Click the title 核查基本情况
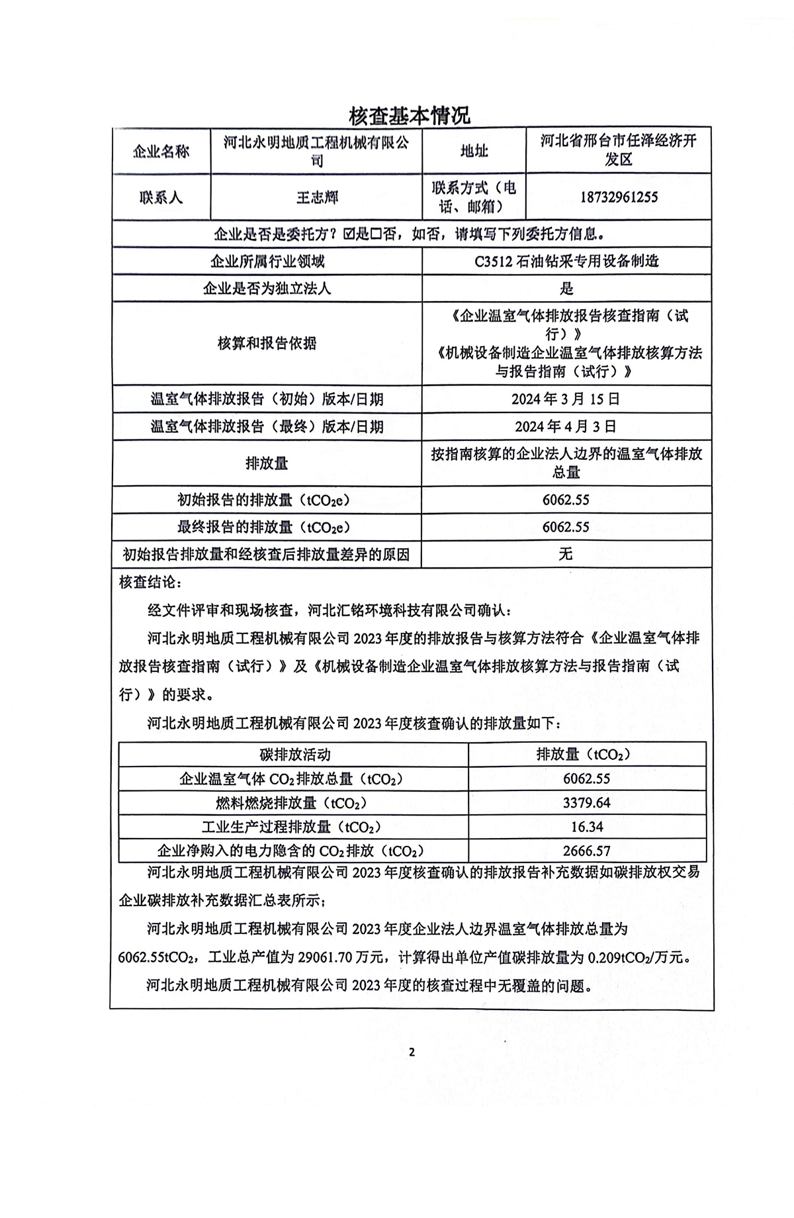tap(410, 115)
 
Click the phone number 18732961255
tap(619, 197)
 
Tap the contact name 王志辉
tap(317, 197)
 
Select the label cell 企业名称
tap(161, 152)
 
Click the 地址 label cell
tap(474, 152)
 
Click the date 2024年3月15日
tap(566, 399)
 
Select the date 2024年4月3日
tap(566, 426)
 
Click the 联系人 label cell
tap(161, 197)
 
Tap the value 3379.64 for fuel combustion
tap(586, 803)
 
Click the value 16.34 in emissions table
tap(586, 827)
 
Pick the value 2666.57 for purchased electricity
tap(586, 851)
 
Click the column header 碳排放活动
tap(294, 755)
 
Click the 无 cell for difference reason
tap(566, 554)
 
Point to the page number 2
tap(412, 1053)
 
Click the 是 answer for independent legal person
tap(566, 289)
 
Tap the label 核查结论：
tap(149, 582)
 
